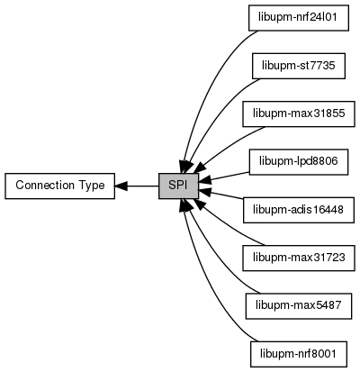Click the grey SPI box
click(x=178, y=186)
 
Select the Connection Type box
click(x=59, y=186)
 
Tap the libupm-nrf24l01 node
click(x=299, y=18)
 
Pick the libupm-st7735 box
click(x=299, y=66)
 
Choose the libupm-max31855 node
click(x=299, y=113)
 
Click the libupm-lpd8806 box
click(x=299, y=162)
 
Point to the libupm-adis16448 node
click(x=299, y=210)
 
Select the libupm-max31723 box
click(x=299, y=258)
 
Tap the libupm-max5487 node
click(x=299, y=306)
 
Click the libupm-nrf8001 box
click(x=299, y=354)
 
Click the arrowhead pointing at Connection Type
click(x=121, y=186)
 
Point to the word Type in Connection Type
click(x=92, y=186)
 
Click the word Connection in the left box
click(x=45, y=186)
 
